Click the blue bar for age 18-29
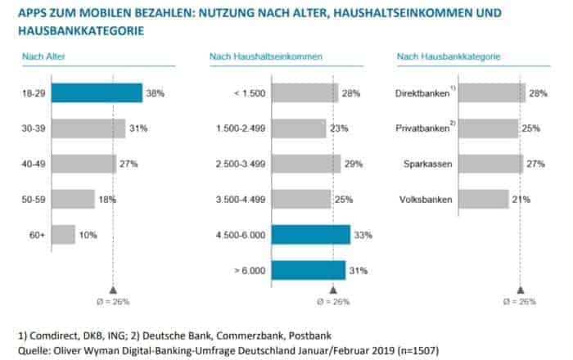[x=97, y=93]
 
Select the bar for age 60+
[x=63, y=235]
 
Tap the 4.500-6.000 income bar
[x=310, y=235]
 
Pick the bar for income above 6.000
[x=308, y=270]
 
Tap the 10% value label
[x=88, y=236]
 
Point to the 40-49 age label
[x=34, y=164]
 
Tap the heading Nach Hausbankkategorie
[x=449, y=56]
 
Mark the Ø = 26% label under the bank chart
[x=521, y=302]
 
